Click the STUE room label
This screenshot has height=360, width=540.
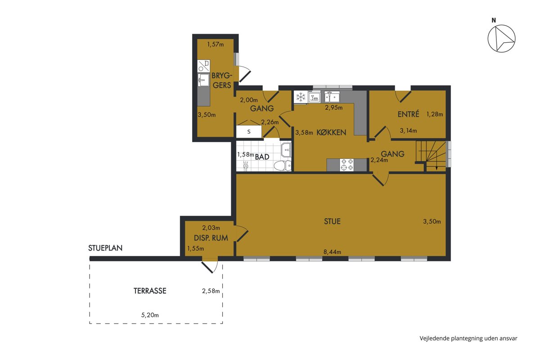332,221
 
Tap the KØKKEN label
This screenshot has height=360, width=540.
331,132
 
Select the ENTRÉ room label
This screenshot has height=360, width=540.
409,114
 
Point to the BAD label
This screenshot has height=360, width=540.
262,157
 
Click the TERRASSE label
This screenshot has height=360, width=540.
150,291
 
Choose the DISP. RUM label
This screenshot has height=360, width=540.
211,238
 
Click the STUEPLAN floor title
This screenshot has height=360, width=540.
105,248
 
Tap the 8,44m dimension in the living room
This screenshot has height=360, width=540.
332,252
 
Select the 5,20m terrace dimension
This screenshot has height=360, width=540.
150,315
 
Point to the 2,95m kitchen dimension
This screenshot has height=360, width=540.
333,108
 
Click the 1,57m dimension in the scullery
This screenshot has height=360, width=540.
216,45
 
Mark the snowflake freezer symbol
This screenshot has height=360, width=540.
301,97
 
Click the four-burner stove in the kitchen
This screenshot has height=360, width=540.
346,165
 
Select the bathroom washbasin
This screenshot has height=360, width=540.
286,150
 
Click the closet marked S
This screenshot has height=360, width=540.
249,132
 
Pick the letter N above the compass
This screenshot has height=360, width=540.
494,21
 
